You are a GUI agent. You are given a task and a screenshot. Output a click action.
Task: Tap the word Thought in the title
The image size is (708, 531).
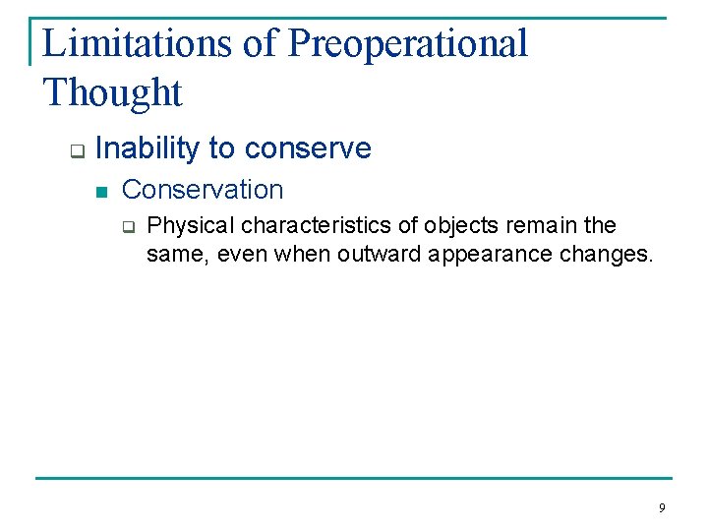tap(113, 92)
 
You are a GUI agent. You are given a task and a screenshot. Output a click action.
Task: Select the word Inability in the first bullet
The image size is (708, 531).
tap(147, 148)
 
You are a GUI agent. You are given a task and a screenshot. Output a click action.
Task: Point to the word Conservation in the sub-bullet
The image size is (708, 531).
tap(203, 189)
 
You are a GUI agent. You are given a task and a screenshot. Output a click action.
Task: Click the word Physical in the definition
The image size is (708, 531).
tap(185, 225)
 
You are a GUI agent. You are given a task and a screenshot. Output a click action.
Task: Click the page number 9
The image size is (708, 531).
tap(661, 508)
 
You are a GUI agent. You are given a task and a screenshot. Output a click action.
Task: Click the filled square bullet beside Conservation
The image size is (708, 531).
tap(100, 192)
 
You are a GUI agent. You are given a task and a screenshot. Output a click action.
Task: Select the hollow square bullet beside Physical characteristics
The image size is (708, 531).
tap(126, 227)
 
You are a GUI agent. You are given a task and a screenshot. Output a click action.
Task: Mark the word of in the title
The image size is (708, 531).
tap(264, 43)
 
